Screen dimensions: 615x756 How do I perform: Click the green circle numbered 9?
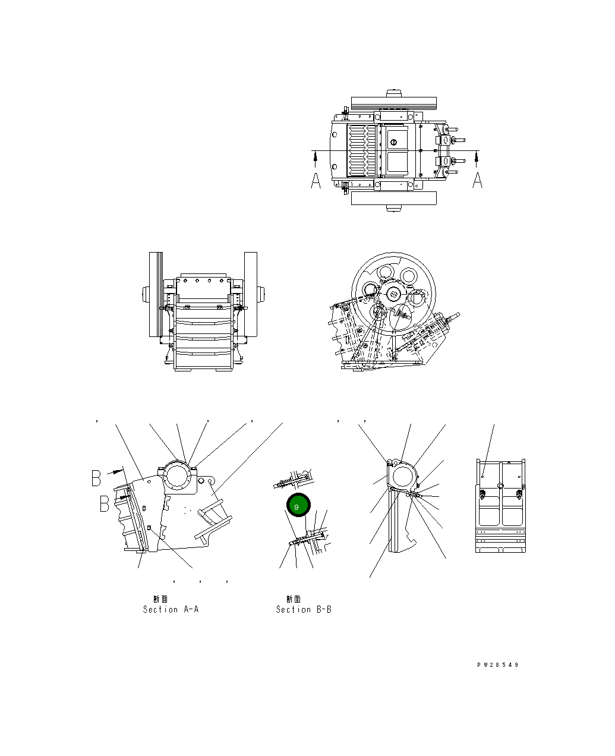tap(298, 505)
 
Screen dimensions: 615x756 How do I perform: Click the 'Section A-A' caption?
tap(171, 609)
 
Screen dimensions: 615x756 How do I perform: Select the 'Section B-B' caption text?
tap(304, 609)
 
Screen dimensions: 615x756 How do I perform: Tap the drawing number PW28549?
tap(497, 665)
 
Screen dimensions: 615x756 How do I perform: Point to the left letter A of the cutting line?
tap(316, 181)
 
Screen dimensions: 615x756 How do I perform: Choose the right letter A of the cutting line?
tap(477, 180)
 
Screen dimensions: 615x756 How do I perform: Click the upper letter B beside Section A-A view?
tap(96, 478)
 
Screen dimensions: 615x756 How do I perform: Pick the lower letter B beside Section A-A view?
tap(105, 504)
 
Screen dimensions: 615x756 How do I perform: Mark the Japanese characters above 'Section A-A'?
tap(160, 599)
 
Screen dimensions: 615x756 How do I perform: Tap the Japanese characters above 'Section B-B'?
tap(294, 599)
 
